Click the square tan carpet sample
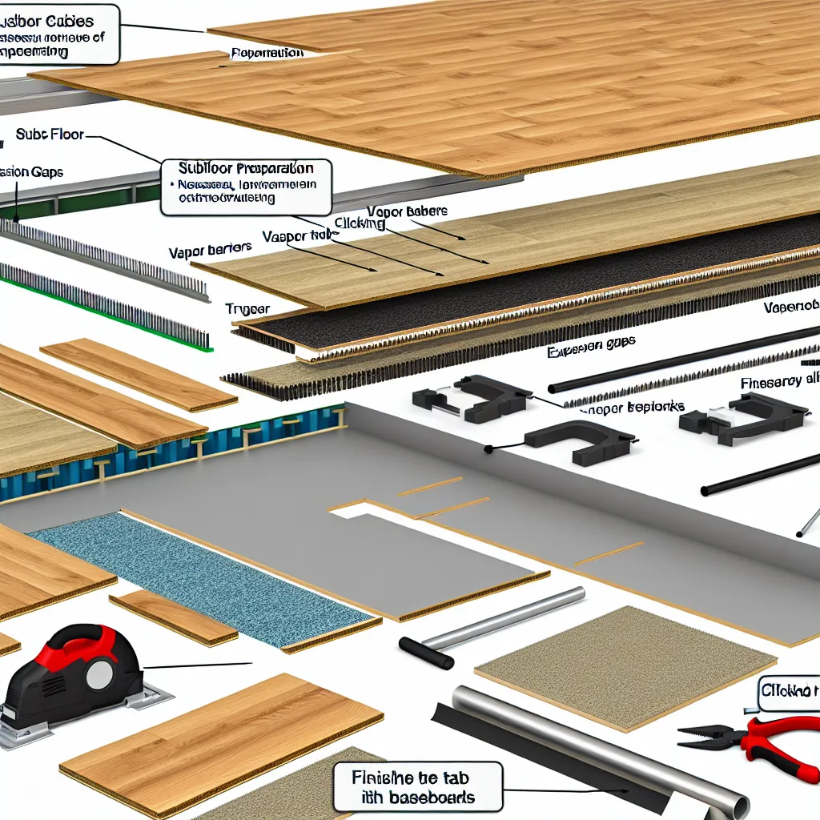click(x=625, y=665)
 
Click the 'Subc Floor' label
click(x=50, y=135)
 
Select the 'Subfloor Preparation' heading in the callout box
click(x=246, y=170)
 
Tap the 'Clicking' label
click(x=360, y=225)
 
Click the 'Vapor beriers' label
click(x=210, y=249)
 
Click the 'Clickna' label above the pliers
click(x=789, y=690)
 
